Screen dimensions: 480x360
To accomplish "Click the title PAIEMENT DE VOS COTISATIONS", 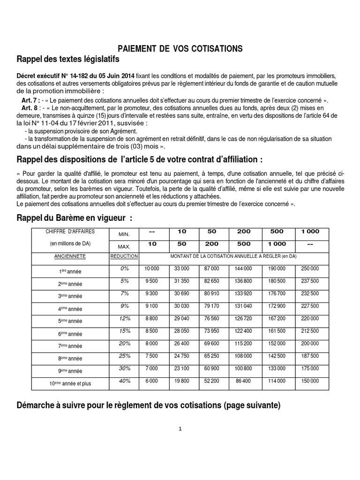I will tap(180, 48).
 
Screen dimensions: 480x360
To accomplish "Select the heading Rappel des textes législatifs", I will tap(68, 60).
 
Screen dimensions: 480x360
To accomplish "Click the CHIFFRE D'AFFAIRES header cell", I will tap(69, 232).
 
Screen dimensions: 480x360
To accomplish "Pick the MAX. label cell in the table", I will tap(123, 246).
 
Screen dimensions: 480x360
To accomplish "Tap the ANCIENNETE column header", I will tap(69, 256).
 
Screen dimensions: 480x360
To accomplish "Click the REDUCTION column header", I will tap(124, 256).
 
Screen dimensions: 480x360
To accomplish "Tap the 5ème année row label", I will tap(70, 321).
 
